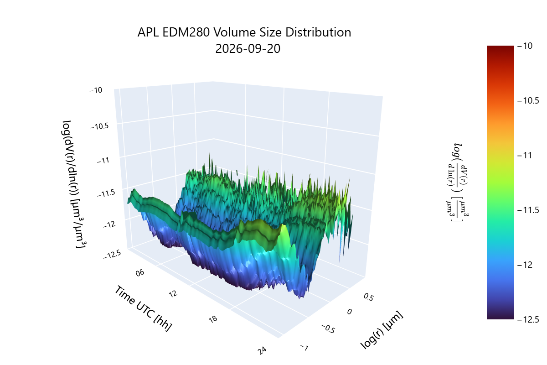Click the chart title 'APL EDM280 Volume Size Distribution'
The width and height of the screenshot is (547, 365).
click(x=244, y=32)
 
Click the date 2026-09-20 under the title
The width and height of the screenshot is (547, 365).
click(x=248, y=49)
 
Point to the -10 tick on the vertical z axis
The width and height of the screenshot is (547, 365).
click(x=96, y=90)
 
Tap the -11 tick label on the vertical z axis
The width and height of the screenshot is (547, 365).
click(x=103, y=161)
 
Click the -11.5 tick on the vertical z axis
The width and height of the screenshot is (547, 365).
click(x=106, y=193)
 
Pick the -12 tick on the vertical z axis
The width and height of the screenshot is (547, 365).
click(x=109, y=224)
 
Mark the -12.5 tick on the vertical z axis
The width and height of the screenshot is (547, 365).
click(x=112, y=254)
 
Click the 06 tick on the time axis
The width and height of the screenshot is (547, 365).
click(x=140, y=272)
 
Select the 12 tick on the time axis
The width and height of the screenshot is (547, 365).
click(x=173, y=294)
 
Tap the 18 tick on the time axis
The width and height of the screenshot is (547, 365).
click(x=213, y=319)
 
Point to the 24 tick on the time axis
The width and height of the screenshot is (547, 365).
click(x=262, y=350)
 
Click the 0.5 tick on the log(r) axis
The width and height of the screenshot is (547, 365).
click(x=368, y=297)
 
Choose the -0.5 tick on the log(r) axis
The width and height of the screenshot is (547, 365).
click(x=328, y=329)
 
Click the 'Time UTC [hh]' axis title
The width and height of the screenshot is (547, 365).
click(x=143, y=308)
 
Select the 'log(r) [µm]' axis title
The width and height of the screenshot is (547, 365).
click(x=382, y=329)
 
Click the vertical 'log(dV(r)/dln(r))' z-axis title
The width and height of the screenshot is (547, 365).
click(x=74, y=185)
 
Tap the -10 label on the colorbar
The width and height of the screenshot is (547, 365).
click(x=525, y=46)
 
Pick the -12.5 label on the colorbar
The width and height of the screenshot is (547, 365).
click(x=528, y=319)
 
